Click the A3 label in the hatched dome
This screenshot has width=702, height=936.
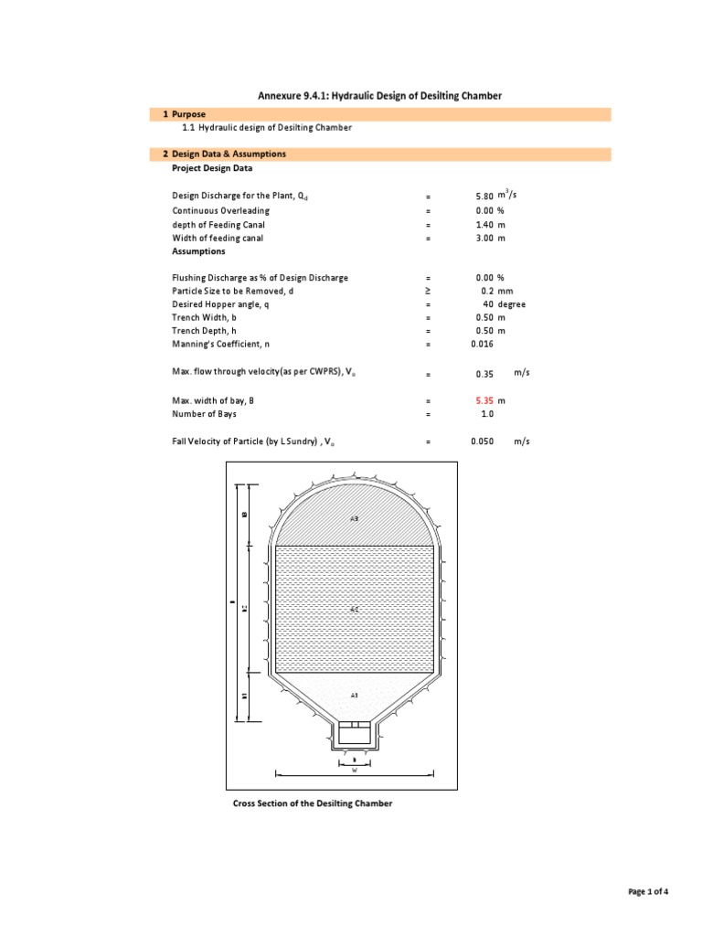click(354, 518)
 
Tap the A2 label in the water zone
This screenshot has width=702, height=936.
click(354, 607)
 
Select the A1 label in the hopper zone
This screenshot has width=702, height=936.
click(354, 696)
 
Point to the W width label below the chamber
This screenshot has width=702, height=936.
click(354, 771)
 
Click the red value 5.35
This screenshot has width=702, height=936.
click(484, 400)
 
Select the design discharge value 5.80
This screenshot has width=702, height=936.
click(484, 197)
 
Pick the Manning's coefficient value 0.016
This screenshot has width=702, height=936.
click(482, 344)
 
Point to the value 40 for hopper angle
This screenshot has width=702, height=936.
click(488, 304)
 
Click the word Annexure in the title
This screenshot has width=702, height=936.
click(284, 96)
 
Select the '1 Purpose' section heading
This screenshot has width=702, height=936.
click(188, 114)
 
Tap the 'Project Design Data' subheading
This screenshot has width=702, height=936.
click(213, 168)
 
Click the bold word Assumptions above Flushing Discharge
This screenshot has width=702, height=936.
click(199, 250)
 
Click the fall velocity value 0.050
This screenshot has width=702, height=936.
click(482, 441)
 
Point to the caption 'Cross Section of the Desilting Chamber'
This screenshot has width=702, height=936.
click(314, 803)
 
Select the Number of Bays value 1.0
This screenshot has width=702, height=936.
click(488, 414)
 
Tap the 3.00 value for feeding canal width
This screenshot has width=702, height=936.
click(484, 238)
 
